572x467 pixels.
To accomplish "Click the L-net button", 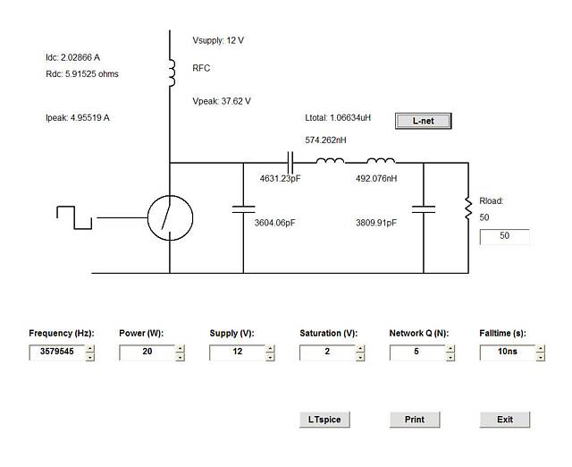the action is (x=423, y=121).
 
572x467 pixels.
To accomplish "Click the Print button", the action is (x=415, y=420).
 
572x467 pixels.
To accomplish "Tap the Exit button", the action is (x=505, y=420).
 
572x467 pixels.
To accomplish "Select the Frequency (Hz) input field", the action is (x=57, y=352).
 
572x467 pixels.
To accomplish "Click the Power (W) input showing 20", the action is (x=147, y=352).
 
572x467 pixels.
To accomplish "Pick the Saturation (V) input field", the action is (x=327, y=352).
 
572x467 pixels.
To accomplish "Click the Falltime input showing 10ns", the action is (x=508, y=352).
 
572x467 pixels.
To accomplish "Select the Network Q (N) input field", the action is (x=417, y=352).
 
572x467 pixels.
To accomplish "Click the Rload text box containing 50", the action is (x=504, y=236).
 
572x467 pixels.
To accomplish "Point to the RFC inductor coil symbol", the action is (x=172, y=73).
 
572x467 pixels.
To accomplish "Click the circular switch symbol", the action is (x=170, y=218).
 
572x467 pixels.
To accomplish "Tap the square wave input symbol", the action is (x=74, y=217).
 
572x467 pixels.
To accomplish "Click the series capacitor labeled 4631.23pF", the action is (x=290, y=163).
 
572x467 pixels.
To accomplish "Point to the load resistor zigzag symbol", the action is (x=468, y=208).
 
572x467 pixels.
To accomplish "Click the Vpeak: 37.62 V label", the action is (x=222, y=101).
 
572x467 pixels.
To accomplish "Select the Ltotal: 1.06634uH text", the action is (x=338, y=117).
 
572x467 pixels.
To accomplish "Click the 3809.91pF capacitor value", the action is (x=376, y=223).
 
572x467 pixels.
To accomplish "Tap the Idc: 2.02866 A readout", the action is (x=72, y=57).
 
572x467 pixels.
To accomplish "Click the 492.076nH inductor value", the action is (x=376, y=179).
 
